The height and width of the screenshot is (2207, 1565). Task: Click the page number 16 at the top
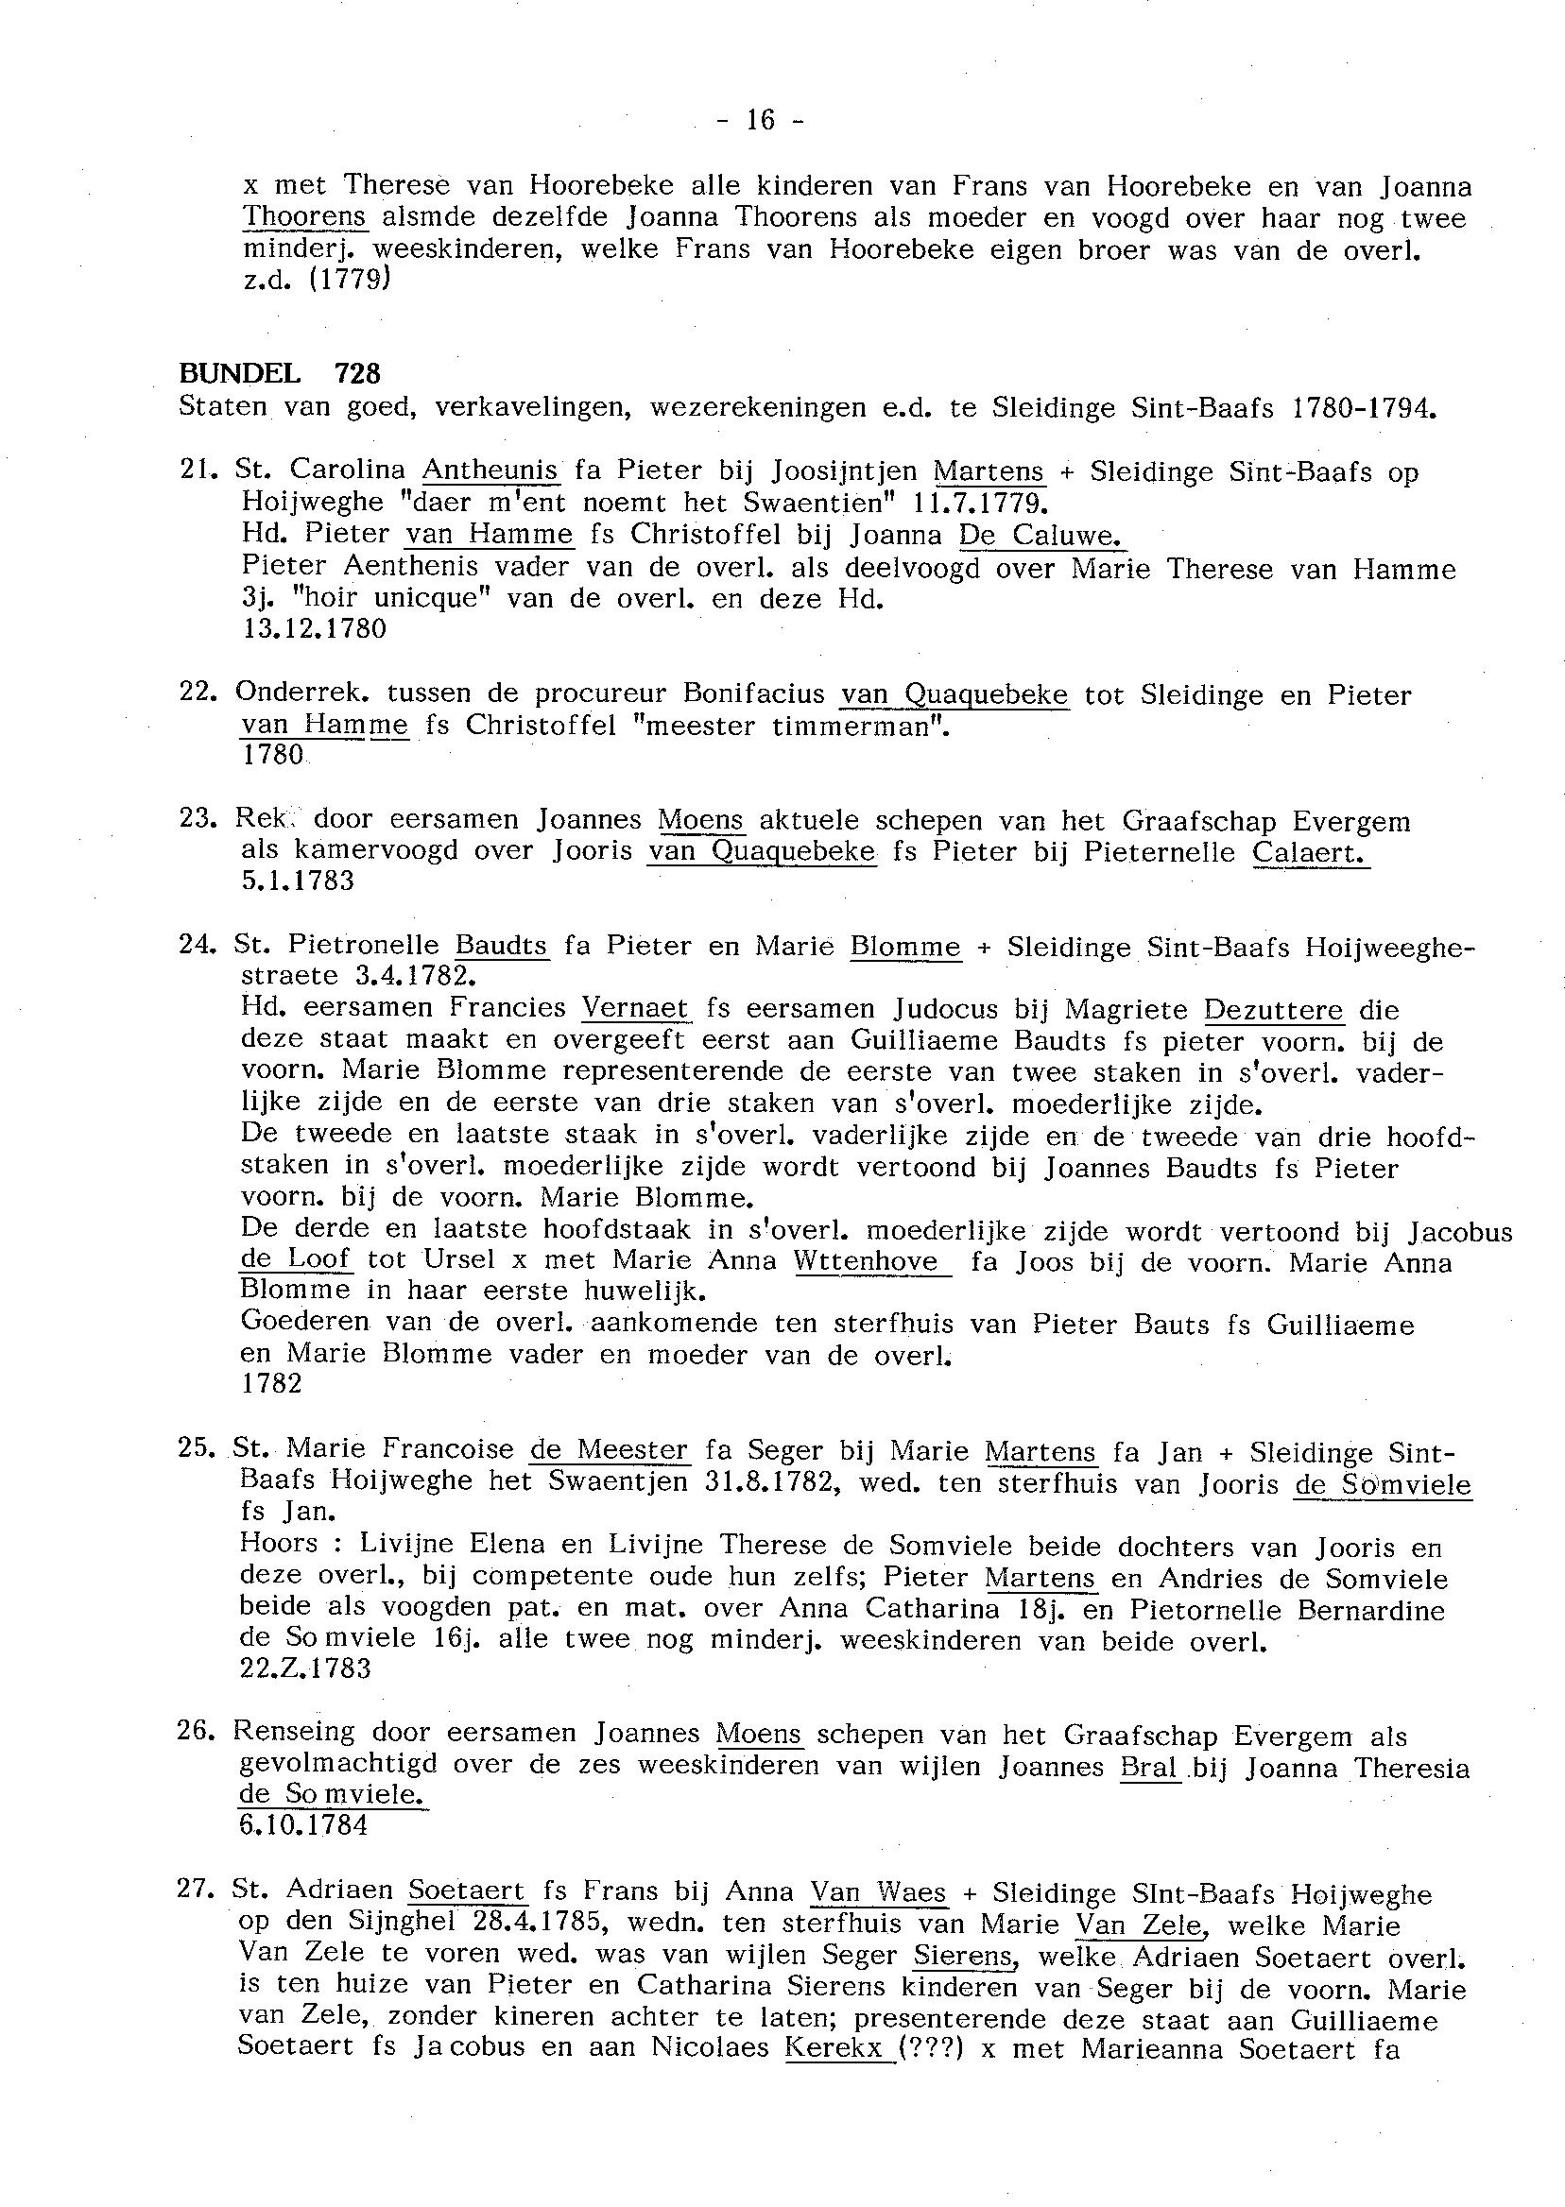point(761,120)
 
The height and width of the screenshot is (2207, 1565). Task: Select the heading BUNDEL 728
point(280,373)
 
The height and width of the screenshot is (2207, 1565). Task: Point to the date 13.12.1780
point(314,629)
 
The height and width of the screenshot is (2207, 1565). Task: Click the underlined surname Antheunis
point(490,470)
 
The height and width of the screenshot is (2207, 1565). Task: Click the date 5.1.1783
point(298,881)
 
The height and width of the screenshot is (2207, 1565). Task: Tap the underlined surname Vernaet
point(636,1008)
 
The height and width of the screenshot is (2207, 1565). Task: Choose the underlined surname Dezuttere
point(1273,1010)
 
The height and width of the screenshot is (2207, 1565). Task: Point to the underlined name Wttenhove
point(867,1261)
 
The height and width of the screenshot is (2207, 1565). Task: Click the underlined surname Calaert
point(1310,851)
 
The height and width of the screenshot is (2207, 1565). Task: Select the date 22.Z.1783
point(305,1668)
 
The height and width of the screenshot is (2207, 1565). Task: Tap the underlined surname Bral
point(1151,1768)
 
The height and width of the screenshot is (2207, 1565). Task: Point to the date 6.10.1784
point(302,1825)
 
